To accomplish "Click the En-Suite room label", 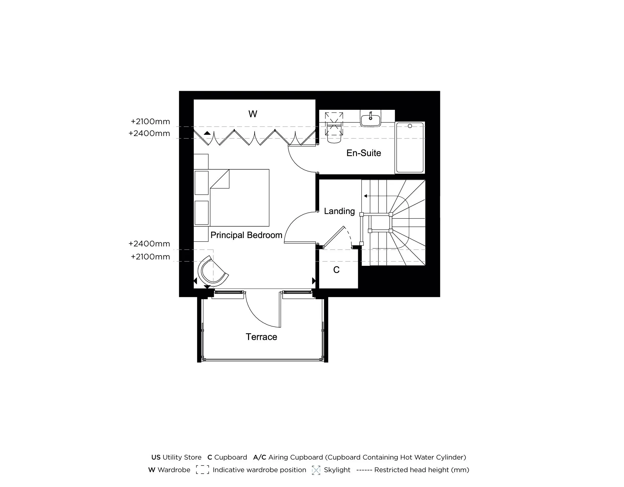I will [364, 153].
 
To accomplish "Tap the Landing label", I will [339, 211].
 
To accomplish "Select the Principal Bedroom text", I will [246, 235].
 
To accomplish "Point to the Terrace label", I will [261, 337].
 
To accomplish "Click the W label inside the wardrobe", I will [253, 114].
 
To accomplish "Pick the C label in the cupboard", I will [336, 270].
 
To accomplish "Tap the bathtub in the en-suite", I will [410, 148].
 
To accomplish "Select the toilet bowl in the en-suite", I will [334, 138].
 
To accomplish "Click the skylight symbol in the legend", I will [316, 470].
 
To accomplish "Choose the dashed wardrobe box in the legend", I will [202, 470].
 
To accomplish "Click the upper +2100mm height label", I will [150, 121].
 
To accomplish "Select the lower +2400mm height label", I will [149, 244].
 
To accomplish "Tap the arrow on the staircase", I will [365, 196].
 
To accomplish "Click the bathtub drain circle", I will [410, 126].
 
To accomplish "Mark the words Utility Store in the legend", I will [182, 457].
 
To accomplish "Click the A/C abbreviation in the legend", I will [260, 457].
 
